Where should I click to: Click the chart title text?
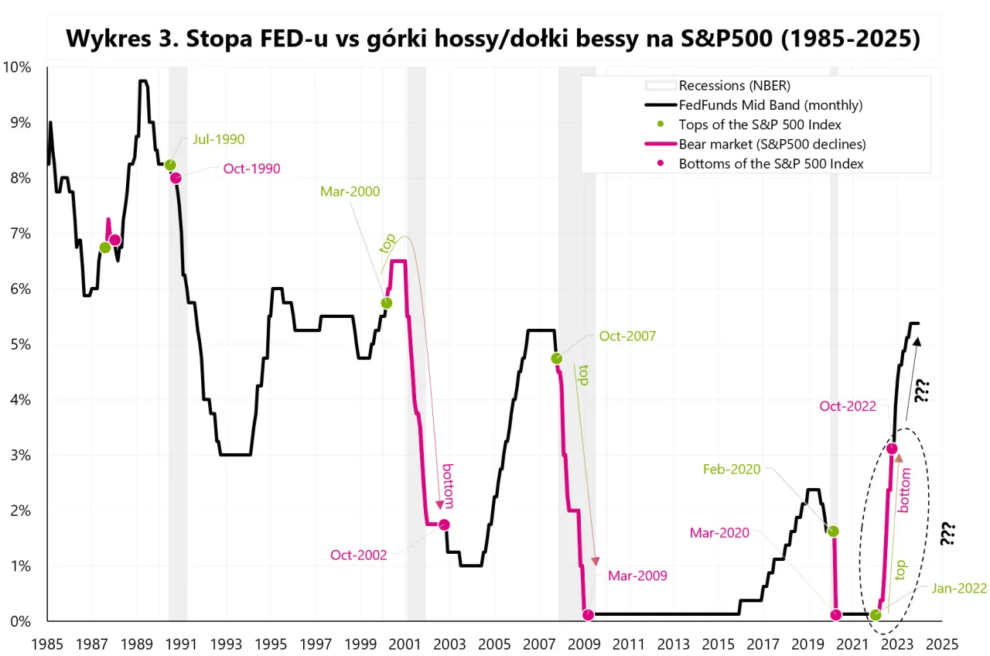493,38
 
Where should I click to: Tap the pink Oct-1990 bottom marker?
176,178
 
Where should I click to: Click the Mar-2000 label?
350,192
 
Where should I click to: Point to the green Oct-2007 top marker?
557,358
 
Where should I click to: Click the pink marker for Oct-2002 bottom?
444,524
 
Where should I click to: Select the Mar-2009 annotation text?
637,576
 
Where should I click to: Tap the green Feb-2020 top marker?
833,531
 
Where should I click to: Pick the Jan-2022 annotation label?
958,588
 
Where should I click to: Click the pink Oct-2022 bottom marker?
893,448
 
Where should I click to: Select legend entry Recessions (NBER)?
734,85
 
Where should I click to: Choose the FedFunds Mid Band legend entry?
770,104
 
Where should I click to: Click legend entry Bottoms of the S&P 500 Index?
770,163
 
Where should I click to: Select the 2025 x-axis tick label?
941,644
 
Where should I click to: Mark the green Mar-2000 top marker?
387,303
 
